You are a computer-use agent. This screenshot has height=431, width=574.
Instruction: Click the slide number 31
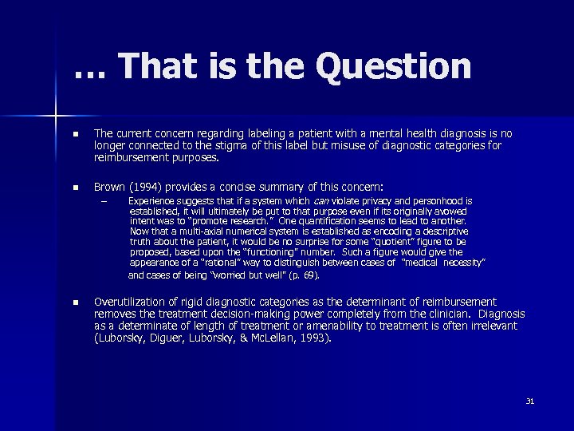(x=529, y=401)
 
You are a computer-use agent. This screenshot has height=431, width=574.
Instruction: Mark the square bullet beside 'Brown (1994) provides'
(x=75, y=188)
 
